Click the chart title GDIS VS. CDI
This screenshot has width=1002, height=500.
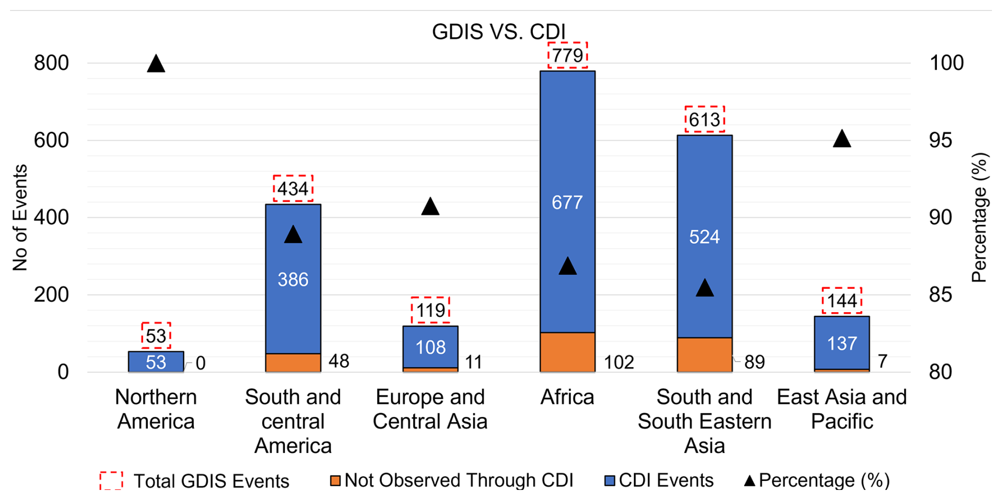tap(499, 32)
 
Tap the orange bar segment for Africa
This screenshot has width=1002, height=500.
tap(567, 352)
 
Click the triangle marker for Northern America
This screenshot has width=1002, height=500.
tap(156, 64)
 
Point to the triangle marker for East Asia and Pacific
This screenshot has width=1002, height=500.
tap(842, 140)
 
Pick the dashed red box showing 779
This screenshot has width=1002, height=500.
tap(567, 55)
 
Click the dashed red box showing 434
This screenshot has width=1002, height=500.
tap(293, 188)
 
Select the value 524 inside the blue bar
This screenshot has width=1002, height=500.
tap(704, 237)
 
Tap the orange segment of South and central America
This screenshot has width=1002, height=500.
tap(293, 362)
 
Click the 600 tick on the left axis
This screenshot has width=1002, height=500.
tap(51, 140)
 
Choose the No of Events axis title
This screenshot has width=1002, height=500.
tap(20, 217)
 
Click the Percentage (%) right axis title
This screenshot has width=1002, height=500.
tap(980, 217)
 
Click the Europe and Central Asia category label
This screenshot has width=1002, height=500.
tap(430, 409)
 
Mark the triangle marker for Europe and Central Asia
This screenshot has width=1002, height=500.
tap(430, 207)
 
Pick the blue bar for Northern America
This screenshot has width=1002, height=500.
tap(156, 362)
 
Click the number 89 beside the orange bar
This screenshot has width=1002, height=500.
tap(754, 362)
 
